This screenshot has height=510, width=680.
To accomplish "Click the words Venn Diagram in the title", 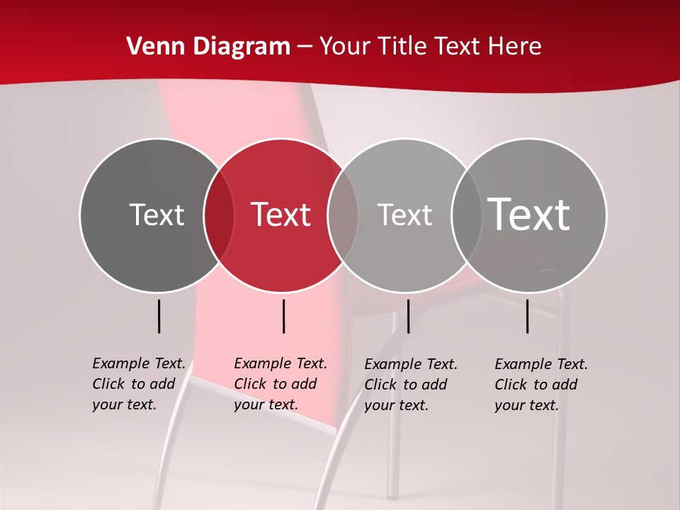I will [208, 47].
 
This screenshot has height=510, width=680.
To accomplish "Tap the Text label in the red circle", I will [281, 215].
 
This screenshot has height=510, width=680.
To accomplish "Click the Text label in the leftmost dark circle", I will [157, 215].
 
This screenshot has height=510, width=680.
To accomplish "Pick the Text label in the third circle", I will [404, 215].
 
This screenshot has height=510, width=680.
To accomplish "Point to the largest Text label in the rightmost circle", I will [529, 214].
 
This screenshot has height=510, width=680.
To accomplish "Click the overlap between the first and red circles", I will [219, 215].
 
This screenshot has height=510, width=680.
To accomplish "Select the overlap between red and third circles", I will [343, 215].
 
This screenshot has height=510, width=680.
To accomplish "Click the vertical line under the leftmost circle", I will [159, 316].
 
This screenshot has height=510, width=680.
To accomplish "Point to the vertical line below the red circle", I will [283, 316].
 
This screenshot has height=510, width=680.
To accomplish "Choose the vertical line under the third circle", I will [408, 316].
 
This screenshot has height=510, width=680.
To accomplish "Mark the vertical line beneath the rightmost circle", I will [528, 316].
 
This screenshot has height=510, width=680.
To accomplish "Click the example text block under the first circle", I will [139, 384].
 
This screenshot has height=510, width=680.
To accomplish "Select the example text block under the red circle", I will [280, 384].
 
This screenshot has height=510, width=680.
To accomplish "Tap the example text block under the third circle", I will [411, 385].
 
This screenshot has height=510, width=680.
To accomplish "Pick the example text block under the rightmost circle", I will [541, 385].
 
